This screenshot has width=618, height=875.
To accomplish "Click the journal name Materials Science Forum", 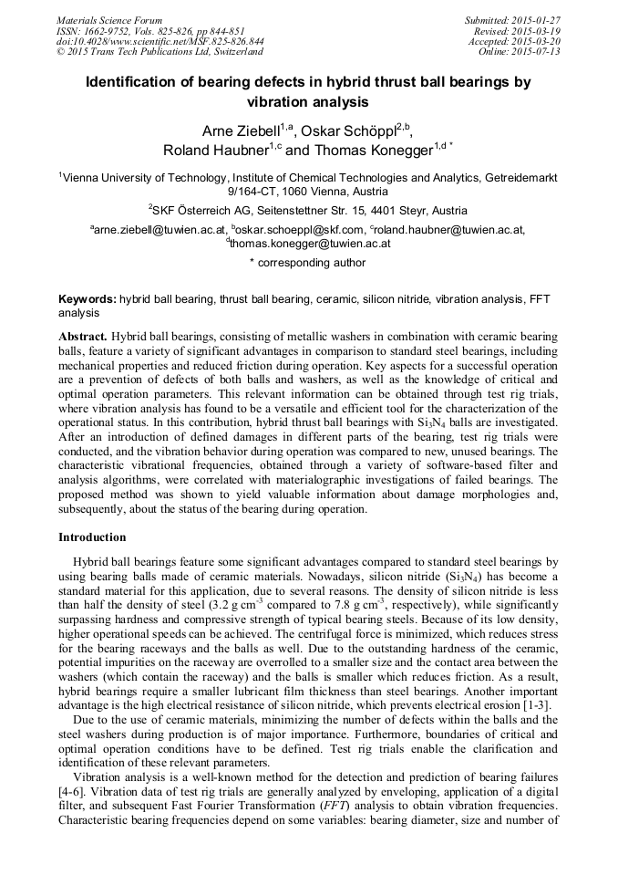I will [109, 20].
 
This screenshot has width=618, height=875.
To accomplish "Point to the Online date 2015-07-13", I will [541, 52].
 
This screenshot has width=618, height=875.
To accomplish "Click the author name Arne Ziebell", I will [239, 130].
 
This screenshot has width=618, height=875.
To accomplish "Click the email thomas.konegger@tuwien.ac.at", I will [310, 244].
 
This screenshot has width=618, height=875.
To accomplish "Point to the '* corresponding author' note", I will [308, 263].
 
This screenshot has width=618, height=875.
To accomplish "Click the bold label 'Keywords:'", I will [88, 298].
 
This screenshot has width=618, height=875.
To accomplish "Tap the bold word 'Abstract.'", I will [83, 337].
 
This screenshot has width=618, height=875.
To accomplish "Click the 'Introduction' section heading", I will [92, 537].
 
